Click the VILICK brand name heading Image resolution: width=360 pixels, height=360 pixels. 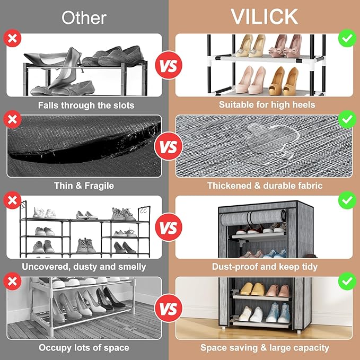(264, 17)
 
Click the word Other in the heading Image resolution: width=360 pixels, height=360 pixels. (84, 18)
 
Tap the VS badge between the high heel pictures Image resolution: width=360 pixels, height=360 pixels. (169, 65)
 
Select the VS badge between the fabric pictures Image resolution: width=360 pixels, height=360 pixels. (168, 146)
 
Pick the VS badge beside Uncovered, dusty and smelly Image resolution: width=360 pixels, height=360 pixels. (169, 227)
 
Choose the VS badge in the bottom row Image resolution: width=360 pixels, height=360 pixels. (168, 308)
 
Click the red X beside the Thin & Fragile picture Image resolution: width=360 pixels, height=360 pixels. (12, 119)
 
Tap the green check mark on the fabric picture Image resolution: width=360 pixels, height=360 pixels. (347, 119)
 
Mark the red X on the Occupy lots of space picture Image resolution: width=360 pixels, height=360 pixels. (12, 281)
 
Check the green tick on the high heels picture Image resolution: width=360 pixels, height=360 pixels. (347, 38)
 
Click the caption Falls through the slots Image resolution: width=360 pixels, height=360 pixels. (86, 106)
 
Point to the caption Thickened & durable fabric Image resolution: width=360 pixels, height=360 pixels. (265, 186)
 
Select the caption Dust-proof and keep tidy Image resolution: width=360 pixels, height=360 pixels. (265, 267)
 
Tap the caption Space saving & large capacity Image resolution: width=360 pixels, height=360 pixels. (265, 348)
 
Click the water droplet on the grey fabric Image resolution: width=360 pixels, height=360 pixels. (271, 140)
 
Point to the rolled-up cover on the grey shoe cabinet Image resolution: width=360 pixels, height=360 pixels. (252, 218)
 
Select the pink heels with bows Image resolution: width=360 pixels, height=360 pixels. (285, 46)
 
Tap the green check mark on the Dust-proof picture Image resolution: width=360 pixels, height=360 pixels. (347, 200)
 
